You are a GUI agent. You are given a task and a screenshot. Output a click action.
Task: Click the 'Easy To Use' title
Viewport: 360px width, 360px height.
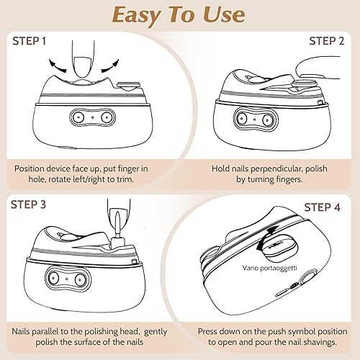tap(179, 15)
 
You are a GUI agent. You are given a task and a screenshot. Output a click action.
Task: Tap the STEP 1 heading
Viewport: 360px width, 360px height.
tap(30, 41)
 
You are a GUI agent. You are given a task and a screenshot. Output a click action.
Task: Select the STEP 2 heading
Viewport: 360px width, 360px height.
tap(327, 41)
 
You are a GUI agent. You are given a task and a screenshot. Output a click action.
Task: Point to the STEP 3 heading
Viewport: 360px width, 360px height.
tap(28, 204)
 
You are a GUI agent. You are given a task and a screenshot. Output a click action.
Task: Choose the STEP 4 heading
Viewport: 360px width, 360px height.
tap(323, 207)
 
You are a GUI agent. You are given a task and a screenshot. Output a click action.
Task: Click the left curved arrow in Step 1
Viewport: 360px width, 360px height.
tap(57, 66)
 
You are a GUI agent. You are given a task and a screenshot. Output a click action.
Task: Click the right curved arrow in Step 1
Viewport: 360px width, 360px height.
tap(110, 66)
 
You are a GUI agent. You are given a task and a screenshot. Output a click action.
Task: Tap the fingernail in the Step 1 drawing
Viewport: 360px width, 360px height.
tap(83, 67)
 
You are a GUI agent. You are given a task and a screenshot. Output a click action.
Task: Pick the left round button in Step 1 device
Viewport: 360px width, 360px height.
tap(78, 117)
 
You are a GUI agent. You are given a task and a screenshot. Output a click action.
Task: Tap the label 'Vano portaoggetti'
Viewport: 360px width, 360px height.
tap(269, 268)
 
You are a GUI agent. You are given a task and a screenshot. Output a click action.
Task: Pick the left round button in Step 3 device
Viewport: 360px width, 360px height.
tap(53, 278)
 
